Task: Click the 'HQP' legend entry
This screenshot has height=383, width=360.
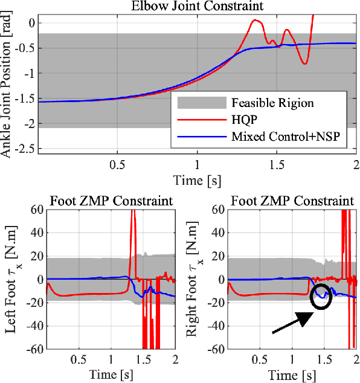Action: pos(244,120)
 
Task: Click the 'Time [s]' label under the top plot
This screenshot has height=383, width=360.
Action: pos(197,180)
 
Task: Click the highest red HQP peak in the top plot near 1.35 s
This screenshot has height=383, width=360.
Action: pos(256,21)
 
